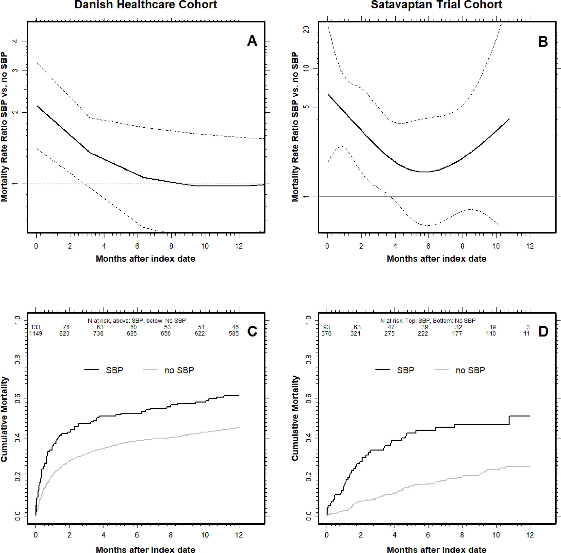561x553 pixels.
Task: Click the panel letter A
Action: [252, 41]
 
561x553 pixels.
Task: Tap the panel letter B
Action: [543, 42]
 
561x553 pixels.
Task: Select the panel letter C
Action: [252, 331]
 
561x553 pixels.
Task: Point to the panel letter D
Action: [543, 331]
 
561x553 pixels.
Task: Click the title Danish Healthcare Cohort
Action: [146, 5]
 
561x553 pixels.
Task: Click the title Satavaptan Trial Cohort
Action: [436, 5]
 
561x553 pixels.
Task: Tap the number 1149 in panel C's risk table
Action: [36, 333]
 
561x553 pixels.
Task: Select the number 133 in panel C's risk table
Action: [36, 327]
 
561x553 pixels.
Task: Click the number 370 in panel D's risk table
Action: [327, 333]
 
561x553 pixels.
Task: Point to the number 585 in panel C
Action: [234, 333]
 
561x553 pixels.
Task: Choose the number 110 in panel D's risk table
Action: [491, 333]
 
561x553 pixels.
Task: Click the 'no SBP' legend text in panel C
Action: [179, 370]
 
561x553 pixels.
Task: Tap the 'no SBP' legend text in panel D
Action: [470, 370]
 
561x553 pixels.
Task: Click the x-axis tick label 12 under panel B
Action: [530, 246]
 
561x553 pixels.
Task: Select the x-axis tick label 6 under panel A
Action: [137, 246]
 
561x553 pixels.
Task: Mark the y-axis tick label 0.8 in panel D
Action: [309, 360]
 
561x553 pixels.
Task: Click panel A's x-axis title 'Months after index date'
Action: [145, 258]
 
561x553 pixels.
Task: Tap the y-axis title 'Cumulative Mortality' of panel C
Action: [4, 419]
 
